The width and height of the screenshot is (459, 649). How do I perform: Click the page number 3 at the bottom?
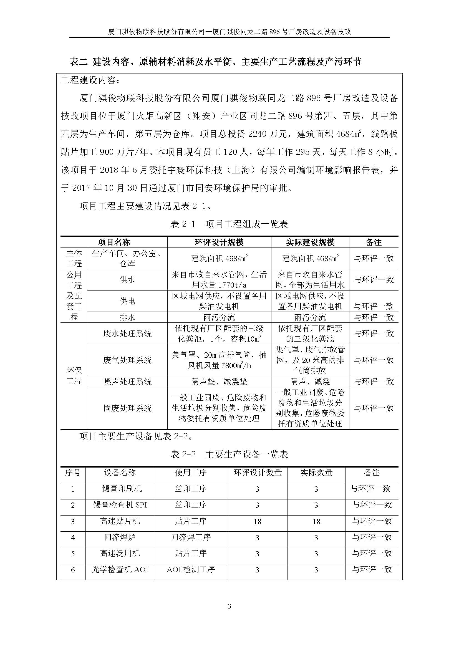tap(229, 606)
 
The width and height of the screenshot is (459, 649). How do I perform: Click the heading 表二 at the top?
tap(79, 62)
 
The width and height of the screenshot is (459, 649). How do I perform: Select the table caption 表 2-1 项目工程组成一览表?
tap(229, 224)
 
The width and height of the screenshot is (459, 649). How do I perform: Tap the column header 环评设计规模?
tap(219, 242)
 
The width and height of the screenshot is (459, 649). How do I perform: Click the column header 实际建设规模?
tap(310, 242)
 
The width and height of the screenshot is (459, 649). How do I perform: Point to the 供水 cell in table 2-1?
tap(127, 280)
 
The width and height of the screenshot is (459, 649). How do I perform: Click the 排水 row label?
tap(127, 317)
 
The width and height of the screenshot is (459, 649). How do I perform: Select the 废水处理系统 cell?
tap(127, 334)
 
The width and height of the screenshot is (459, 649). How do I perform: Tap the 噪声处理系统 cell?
tap(127, 382)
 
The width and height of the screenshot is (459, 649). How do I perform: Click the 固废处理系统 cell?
tap(127, 408)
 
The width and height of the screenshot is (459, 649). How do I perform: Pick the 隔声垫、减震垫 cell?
tap(219, 382)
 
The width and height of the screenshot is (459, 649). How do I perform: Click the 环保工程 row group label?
tap(74, 376)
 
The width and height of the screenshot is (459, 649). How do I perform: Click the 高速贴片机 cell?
tap(120, 521)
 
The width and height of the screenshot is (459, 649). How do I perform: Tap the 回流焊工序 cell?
tap(191, 537)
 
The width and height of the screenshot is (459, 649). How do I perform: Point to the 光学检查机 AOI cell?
tap(120, 570)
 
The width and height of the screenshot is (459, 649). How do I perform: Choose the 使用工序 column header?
tap(191, 472)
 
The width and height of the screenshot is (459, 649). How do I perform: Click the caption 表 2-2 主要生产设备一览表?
tap(229, 454)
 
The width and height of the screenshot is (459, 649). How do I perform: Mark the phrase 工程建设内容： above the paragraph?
tap(90, 80)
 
